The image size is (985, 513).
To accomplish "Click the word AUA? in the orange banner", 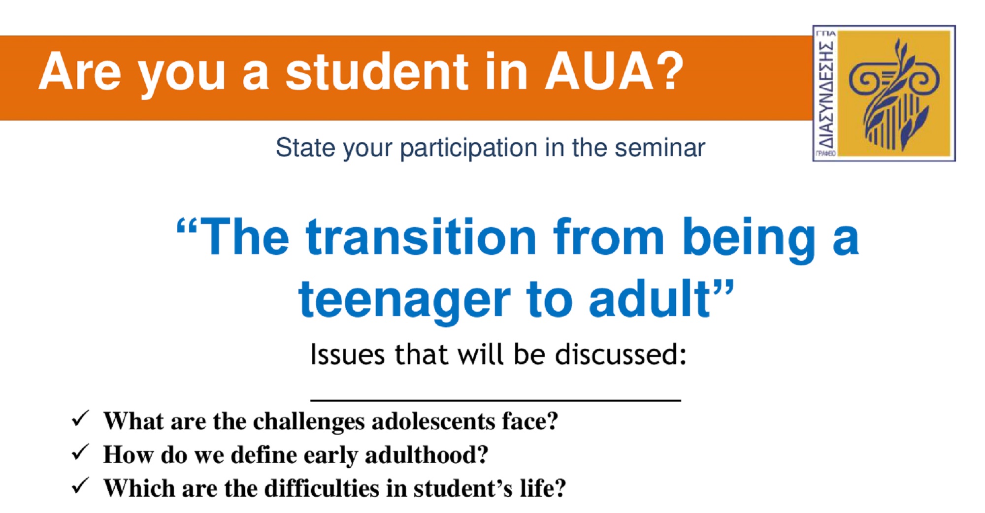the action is (x=614, y=72).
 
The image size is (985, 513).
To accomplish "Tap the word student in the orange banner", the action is (x=377, y=72).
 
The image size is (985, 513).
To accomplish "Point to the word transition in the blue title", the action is (x=421, y=237).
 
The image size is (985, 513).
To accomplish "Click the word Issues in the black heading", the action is (x=347, y=354).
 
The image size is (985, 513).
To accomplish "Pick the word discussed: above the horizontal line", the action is (x=621, y=354).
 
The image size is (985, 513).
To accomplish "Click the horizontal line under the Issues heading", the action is (x=495, y=400).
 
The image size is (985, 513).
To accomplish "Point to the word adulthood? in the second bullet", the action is (x=427, y=454).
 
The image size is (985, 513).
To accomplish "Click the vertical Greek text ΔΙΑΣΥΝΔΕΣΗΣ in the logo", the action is (x=826, y=94).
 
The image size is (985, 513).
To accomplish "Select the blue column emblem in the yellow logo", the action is (x=894, y=94).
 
